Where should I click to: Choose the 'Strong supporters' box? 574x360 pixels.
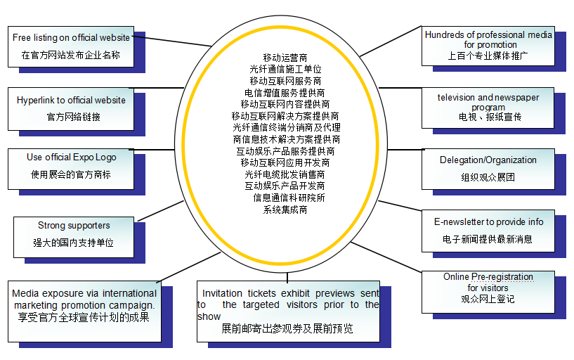(x=74, y=234)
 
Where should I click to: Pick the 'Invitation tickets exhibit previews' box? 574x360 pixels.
(x=288, y=310)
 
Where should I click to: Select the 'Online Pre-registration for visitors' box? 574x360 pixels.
(x=488, y=288)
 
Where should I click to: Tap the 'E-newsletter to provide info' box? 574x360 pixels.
(x=488, y=230)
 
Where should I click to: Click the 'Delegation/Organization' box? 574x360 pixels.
(x=488, y=168)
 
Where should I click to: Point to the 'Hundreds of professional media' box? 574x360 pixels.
(x=488, y=44)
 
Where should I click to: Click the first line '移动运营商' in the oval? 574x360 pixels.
(x=285, y=57)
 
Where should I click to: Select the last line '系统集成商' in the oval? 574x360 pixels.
(x=285, y=210)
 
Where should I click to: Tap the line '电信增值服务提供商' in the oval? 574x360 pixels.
(x=285, y=92)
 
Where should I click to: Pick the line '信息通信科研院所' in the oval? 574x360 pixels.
(x=289, y=198)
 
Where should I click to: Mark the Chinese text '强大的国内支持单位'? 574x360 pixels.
(x=74, y=243)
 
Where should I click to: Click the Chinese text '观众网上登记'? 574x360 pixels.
(x=488, y=299)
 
